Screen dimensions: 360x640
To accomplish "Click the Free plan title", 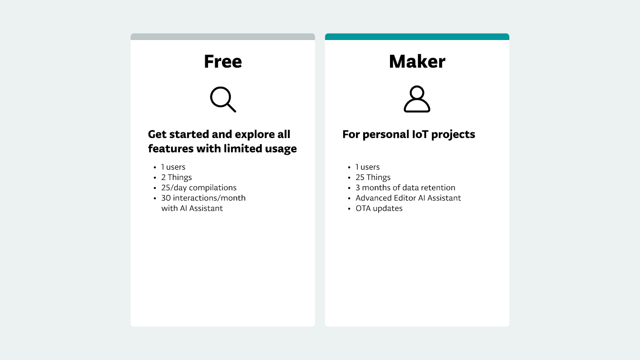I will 223,62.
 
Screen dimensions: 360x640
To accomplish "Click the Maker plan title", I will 417,62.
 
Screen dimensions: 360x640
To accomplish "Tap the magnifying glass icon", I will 223,99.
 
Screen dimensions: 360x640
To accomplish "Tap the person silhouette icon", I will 417,99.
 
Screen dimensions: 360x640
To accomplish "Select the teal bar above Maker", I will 417,37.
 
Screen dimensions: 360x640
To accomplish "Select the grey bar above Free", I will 223,37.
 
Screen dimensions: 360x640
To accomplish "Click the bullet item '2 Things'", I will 176,177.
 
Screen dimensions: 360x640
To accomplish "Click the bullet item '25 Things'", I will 373,177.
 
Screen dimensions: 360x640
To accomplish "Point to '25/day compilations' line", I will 199,188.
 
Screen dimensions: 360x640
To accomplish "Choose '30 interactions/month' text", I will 203,198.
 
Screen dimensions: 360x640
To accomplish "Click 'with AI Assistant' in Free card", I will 192,208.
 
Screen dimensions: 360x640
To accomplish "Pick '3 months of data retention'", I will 405,188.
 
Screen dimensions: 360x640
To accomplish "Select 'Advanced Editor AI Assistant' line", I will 408,198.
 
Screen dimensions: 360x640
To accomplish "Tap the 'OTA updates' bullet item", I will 379,208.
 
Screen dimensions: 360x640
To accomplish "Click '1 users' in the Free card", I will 173,167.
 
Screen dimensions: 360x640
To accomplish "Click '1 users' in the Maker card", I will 368,167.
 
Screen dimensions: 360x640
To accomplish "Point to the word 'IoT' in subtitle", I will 420,134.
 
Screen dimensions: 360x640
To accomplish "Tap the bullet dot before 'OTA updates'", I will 349,209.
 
